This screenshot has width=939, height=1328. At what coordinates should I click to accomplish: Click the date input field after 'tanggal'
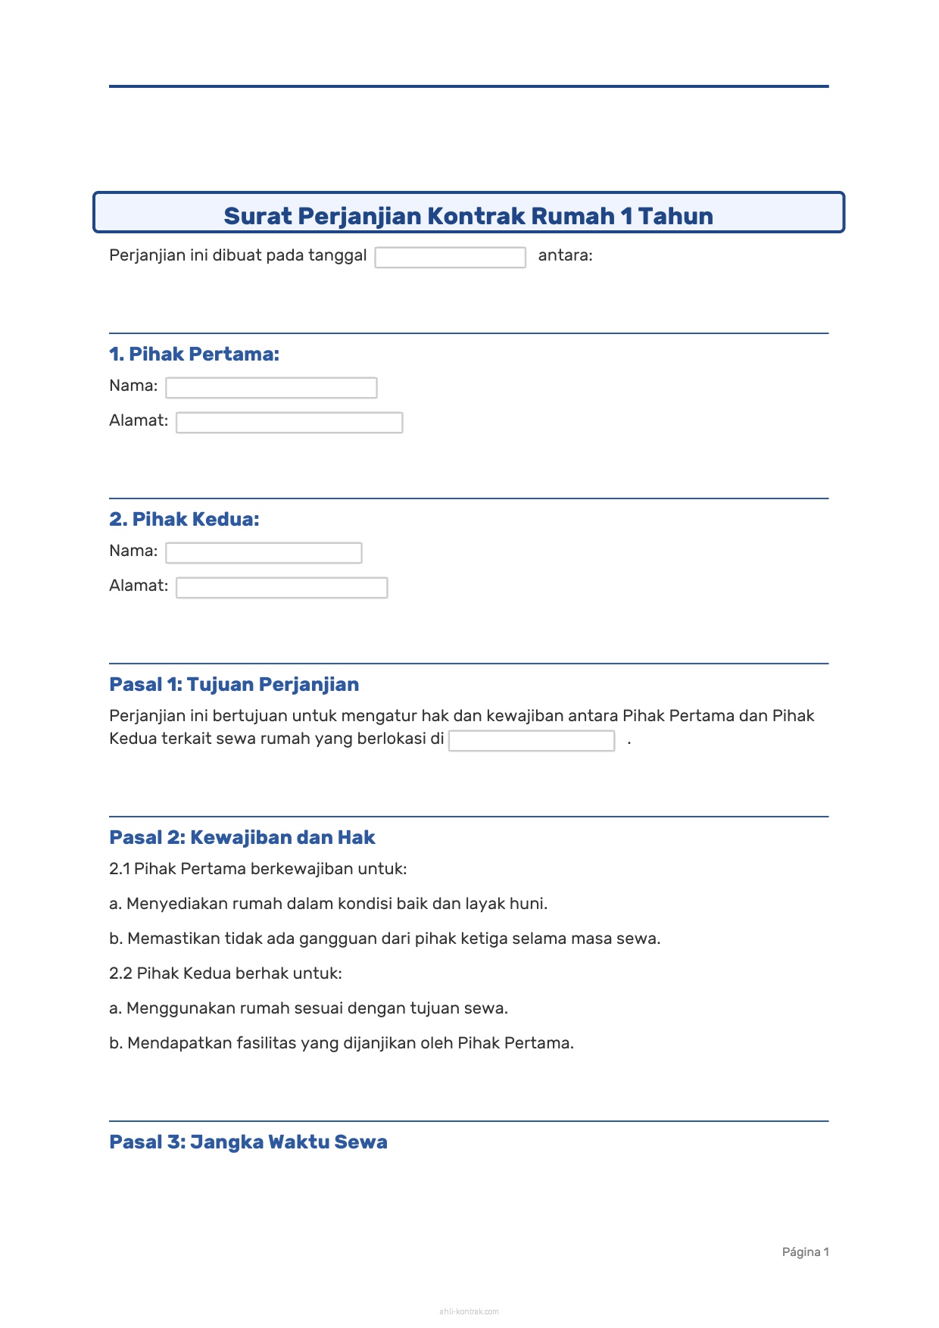pos(450,258)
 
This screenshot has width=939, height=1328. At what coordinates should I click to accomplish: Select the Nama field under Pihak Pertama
pos(271,388)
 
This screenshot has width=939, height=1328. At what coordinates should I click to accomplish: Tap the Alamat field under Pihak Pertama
pos(289,423)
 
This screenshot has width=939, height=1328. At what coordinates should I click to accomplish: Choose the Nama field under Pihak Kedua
pos(264,553)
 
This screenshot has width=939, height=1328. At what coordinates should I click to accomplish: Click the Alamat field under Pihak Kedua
pos(282,588)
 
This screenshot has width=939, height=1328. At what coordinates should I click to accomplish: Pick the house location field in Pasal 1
pos(531,741)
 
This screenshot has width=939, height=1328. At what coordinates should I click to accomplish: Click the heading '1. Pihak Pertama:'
pos(194,354)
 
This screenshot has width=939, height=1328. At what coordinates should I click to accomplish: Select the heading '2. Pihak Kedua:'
pos(184,519)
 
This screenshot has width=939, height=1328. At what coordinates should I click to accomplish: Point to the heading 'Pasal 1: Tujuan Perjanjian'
pos(234,684)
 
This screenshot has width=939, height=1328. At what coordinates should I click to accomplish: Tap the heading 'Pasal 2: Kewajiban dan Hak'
pos(242,837)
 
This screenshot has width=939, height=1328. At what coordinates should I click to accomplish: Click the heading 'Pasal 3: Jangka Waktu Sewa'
pos(248,1142)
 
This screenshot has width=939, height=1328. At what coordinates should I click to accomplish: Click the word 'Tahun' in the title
pos(675,216)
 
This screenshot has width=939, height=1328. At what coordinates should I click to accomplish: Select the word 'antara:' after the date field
pos(565,255)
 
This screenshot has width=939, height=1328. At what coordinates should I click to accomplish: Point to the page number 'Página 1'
pos(805,1252)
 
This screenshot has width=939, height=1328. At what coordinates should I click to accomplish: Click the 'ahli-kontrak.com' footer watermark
pos(469,1311)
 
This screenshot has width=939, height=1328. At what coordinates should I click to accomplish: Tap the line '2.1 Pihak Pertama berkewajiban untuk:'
pos(258,869)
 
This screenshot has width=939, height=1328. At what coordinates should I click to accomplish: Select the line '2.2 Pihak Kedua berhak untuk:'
pos(226,973)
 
